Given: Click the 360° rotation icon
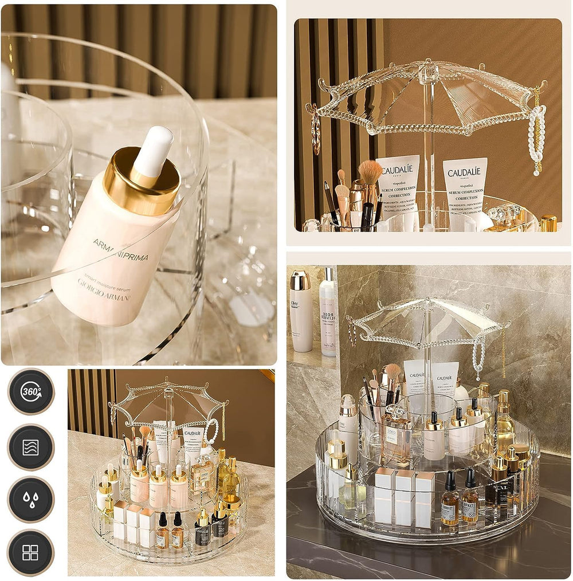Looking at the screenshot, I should pyautogui.click(x=31, y=392).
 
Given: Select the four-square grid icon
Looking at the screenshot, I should pyautogui.click(x=30, y=552).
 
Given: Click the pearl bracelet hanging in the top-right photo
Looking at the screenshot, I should pyautogui.click(x=537, y=140).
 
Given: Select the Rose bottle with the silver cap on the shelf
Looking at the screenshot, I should pyautogui.click(x=328, y=312).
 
